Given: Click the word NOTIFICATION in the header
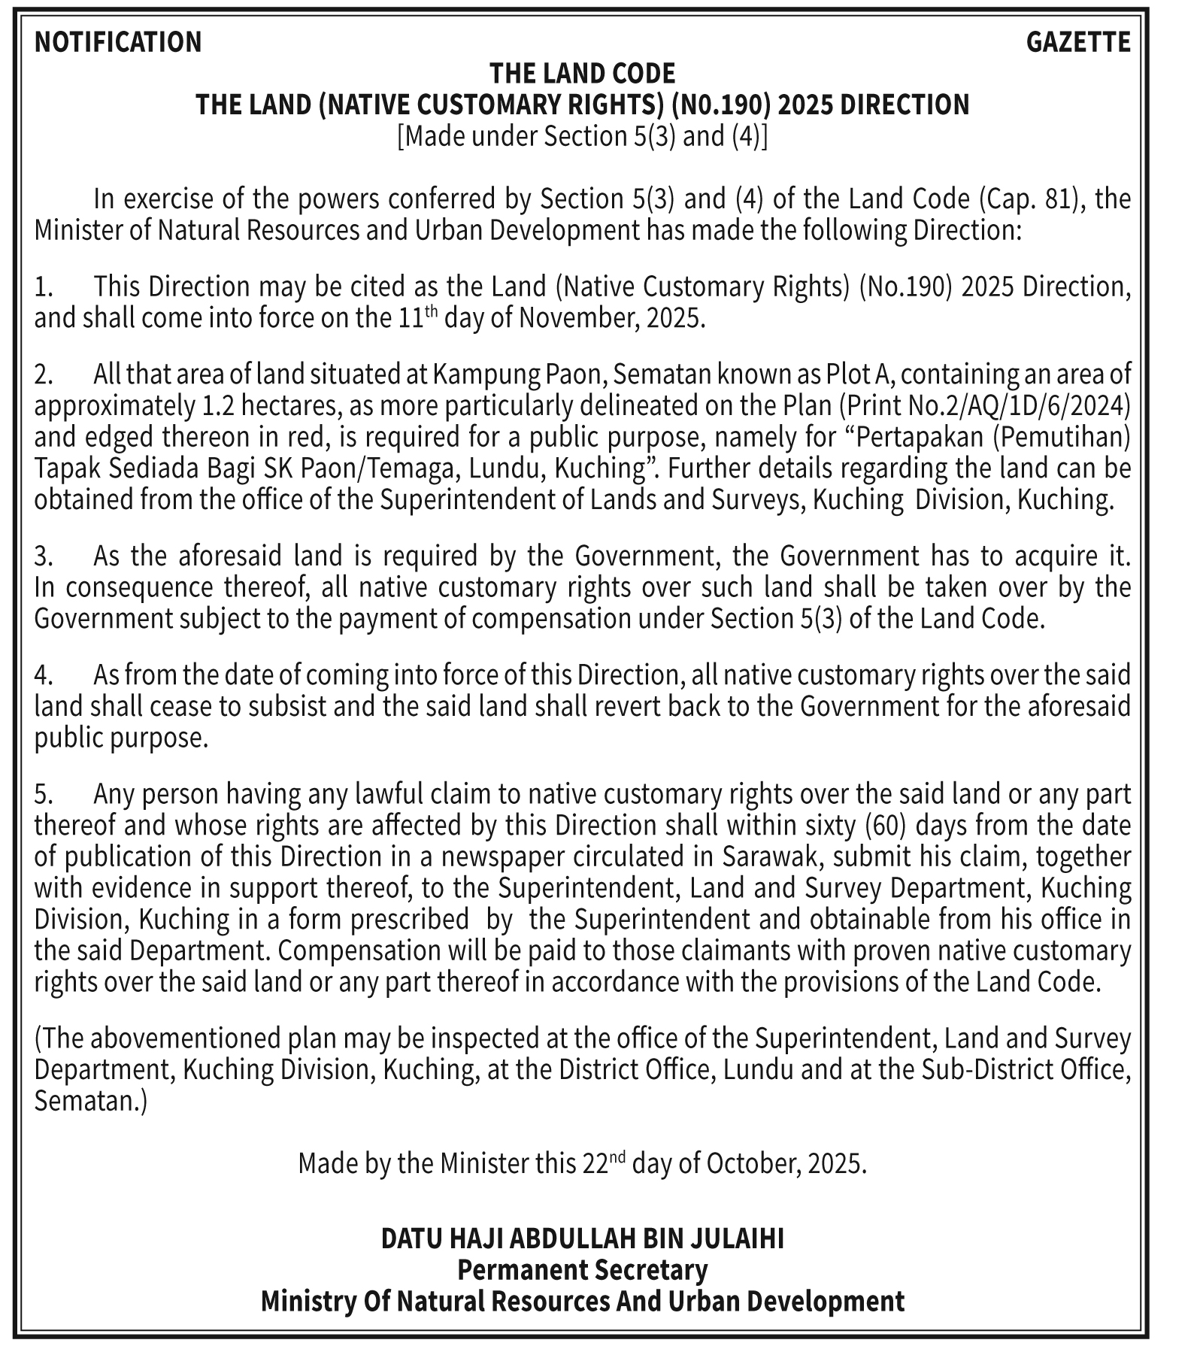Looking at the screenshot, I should coord(118,42).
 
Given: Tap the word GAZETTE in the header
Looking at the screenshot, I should coord(1077,42).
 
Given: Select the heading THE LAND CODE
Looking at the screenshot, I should coord(582,74).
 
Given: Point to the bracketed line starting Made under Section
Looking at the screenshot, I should coord(582,136).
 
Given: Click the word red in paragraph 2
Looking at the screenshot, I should coord(316,438).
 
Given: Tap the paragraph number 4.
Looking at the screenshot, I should coord(43,675).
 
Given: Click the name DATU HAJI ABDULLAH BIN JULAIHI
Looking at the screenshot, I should coord(582,1238).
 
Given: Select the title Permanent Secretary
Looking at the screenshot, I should coord(582,1270).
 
